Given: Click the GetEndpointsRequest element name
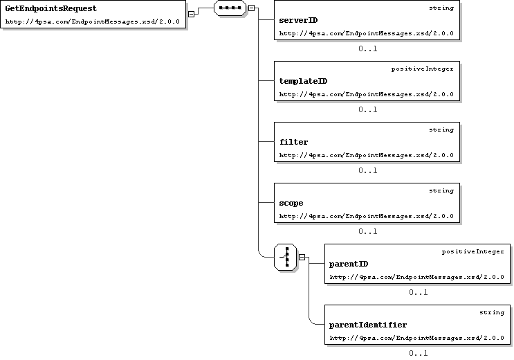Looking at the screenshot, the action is pyautogui.click(x=51, y=8).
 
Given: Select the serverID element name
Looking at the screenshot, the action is pyautogui.click(x=298, y=20).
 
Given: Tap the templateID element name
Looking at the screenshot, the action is pyautogui.click(x=303, y=82).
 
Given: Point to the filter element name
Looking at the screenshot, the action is pyautogui.click(x=294, y=142).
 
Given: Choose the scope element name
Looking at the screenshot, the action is pyautogui.click(x=291, y=203).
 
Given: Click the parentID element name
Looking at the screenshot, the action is pyautogui.click(x=349, y=264).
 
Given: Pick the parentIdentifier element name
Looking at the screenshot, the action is pyautogui.click(x=368, y=325).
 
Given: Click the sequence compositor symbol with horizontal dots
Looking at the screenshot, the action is pyautogui.click(x=230, y=8).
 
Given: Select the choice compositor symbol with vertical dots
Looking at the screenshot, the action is pyautogui.click(x=286, y=258).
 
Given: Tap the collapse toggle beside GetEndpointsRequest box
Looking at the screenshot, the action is pyautogui.click(x=191, y=14).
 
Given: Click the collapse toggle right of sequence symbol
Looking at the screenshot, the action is pyautogui.click(x=251, y=8).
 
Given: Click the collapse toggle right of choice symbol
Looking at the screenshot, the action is pyautogui.click(x=302, y=258).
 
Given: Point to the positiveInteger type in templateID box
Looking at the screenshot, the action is pyautogui.click(x=423, y=69).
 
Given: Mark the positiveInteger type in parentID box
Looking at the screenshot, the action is pyautogui.click(x=473, y=252).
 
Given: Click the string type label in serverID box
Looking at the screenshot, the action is pyautogui.click(x=441, y=8).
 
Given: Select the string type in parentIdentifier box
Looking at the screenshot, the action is pyautogui.click(x=492, y=312).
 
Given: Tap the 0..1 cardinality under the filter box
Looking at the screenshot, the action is pyautogui.click(x=368, y=170).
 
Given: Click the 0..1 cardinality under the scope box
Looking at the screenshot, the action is pyautogui.click(x=368, y=232).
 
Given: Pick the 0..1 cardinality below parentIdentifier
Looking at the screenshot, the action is pyautogui.click(x=419, y=354).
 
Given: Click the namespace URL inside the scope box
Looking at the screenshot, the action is pyautogui.click(x=367, y=216).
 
